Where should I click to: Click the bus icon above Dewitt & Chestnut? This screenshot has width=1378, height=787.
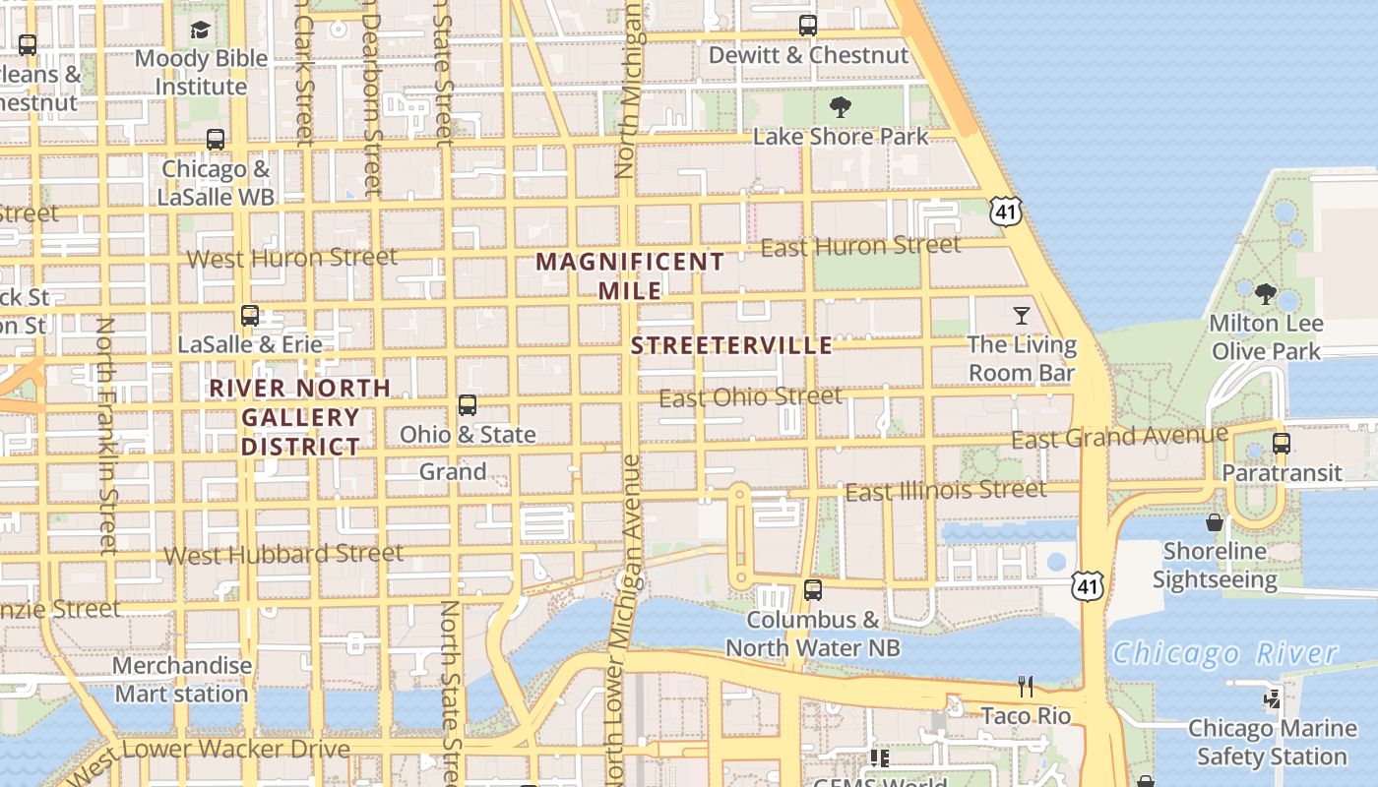807,26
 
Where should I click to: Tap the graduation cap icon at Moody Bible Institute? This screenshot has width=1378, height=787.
201,30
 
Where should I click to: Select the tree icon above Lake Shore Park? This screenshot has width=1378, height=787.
840,107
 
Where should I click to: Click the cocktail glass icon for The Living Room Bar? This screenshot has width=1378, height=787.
1022,316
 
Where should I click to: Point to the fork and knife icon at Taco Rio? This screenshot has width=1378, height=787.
1026,686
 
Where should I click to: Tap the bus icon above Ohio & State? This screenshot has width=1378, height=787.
468,405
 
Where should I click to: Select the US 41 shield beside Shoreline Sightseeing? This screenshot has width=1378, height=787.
1088,587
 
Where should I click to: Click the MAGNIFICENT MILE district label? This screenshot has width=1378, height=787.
630,275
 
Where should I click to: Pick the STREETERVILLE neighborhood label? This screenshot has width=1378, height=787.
731,345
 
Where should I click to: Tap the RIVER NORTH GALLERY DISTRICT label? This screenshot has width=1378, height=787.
300,417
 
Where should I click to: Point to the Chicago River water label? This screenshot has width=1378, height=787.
1225,653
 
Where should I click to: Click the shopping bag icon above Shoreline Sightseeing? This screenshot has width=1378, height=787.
1215,522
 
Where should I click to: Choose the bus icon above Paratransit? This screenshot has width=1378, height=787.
1281,444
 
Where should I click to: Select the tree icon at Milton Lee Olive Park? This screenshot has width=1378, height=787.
1266,293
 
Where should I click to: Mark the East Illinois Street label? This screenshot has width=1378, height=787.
946,490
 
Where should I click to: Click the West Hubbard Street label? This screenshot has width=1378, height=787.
283,554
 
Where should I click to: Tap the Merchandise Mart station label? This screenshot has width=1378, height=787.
182,680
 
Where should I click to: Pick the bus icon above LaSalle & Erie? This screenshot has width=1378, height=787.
250,316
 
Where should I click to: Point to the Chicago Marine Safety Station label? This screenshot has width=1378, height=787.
1272,743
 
